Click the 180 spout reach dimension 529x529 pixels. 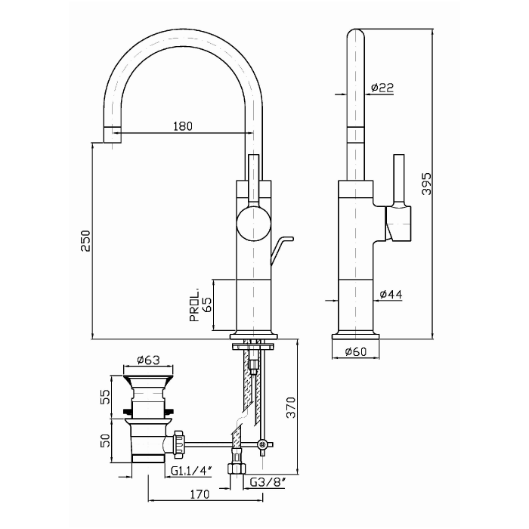tap(183, 126)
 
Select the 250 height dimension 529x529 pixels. tap(85, 240)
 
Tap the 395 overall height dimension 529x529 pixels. tap(426, 184)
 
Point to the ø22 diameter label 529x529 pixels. tap(382, 88)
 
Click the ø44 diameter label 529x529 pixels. tap(390, 293)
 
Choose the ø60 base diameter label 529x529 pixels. tap(355, 351)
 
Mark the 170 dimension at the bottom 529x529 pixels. tap(200, 496)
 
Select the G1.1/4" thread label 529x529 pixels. tap(190, 472)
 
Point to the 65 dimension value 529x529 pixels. tap(207, 305)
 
